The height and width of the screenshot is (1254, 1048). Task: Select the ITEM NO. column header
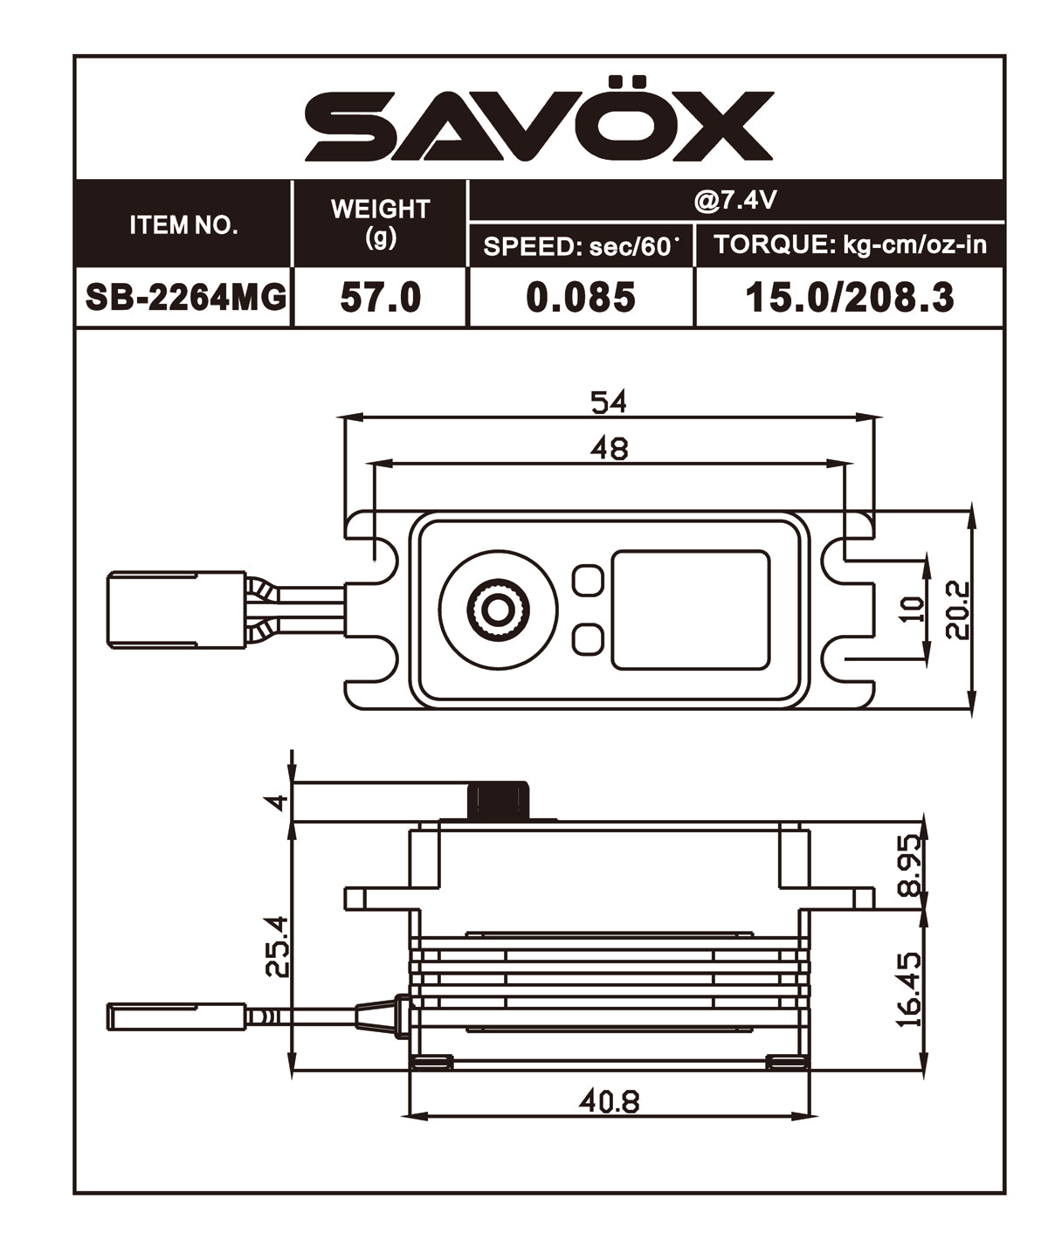(x=183, y=224)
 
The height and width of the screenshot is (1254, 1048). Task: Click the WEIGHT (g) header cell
(x=380, y=223)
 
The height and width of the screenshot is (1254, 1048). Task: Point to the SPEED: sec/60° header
(x=581, y=246)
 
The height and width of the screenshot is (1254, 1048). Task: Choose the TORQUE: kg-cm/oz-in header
(x=850, y=245)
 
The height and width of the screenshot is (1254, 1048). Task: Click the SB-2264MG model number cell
(x=185, y=298)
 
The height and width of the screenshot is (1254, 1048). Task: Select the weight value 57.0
(x=380, y=298)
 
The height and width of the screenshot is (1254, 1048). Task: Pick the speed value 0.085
(x=581, y=298)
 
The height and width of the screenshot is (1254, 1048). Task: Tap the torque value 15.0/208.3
(x=849, y=298)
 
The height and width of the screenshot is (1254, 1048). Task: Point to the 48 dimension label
(x=609, y=448)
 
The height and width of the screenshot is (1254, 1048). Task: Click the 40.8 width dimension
(x=609, y=1101)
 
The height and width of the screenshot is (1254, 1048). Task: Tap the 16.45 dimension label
(x=908, y=989)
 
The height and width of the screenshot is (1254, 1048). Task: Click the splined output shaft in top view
(x=498, y=610)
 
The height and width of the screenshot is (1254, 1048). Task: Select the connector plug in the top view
(x=176, y=610)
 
